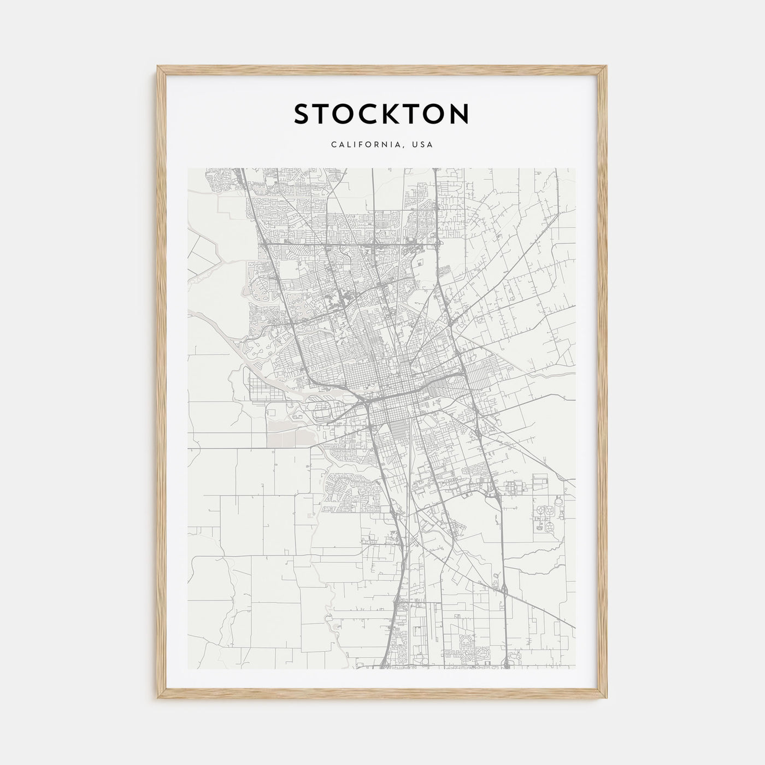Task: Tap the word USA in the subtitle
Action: [423, 145]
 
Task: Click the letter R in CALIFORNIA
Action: [380, 145]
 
